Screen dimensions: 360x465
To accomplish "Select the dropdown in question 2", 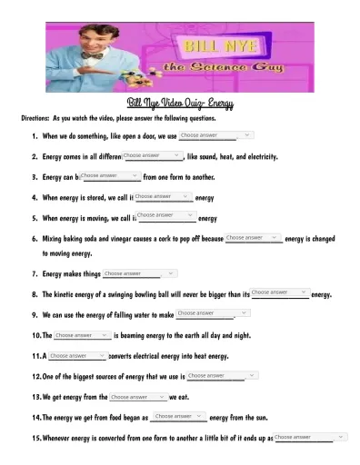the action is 152,155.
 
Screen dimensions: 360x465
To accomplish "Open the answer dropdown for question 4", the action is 164,195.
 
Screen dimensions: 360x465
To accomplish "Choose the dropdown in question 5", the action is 166,215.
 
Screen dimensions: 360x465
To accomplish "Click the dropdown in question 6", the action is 254,237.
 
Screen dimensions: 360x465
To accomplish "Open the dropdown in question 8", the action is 280,292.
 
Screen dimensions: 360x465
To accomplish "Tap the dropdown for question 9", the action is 206,313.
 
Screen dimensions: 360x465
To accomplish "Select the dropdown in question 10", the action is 82,335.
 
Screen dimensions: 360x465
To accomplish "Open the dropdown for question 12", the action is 216,375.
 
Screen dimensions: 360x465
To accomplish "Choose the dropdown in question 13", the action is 138,397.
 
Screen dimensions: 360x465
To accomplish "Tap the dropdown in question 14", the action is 180,416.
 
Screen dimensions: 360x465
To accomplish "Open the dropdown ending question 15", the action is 309,437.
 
